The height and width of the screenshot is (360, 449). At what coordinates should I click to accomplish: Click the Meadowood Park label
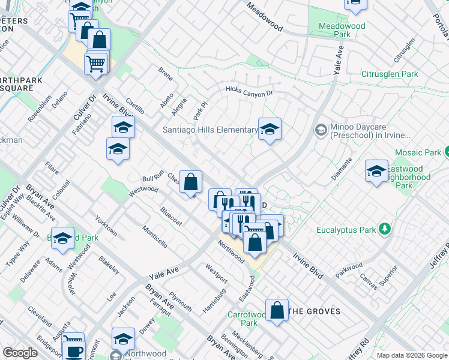pos(334,30)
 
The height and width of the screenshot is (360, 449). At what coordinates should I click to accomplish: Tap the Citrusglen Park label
pos(389,74)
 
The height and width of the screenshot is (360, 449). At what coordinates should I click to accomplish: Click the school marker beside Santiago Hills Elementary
pos(270,129)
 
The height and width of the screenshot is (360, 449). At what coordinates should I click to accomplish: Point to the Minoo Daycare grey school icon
pos(321,130)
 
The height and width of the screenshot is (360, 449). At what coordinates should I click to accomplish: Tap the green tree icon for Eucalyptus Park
pos(385,229)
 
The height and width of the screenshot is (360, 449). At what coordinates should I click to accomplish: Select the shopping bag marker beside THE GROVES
pos(277,310)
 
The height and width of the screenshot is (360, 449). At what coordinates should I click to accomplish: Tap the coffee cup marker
pos(74,351)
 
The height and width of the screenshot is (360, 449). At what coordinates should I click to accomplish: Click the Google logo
pos(20,353)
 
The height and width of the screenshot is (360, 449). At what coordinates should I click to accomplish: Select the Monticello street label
pos(154,236)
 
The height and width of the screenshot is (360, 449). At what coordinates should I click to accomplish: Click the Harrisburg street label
pos(214,300)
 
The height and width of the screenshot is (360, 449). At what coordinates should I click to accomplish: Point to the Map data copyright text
pos(411,355)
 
